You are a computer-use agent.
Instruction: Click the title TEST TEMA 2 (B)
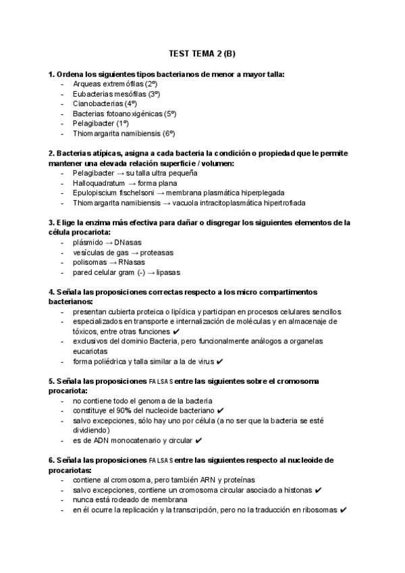tap(202, 54)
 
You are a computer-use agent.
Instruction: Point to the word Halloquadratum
tap(98, 182)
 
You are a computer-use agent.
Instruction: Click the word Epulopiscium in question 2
tap(96, 193)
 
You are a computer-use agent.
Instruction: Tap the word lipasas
tap(165, 272)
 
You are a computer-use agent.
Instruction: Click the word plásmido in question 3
tap(88, 243)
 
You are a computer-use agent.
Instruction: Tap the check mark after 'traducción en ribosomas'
tap(344, 510)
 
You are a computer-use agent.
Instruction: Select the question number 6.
tap(51, 461)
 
